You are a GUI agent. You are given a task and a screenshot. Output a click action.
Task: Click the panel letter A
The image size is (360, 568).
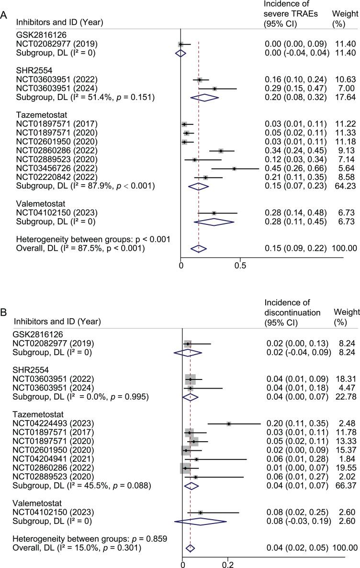click(x=4, y=15)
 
